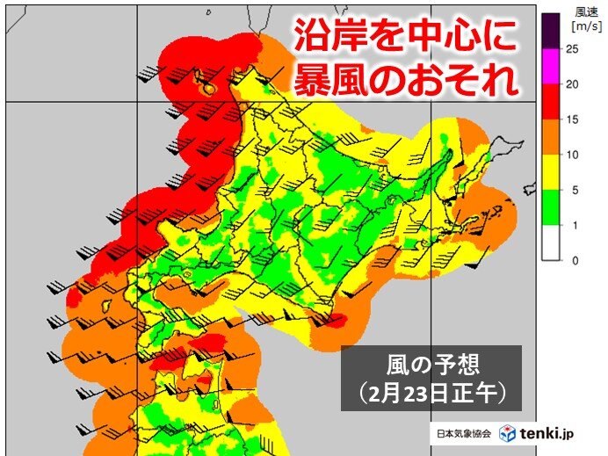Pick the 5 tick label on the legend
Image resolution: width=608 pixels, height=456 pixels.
pos(572,191)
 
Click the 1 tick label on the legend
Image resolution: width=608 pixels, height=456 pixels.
pos(572,226)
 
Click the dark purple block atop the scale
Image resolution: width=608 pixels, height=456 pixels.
pos(551,33)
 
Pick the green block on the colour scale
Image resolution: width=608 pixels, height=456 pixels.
pos(551,208)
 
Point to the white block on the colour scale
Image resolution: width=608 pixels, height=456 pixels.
pos(551,243)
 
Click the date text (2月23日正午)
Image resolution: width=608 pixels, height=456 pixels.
pos(431,393)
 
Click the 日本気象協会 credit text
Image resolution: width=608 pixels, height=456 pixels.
pos(464,435)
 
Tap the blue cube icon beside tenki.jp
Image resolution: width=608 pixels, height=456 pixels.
pos(507,434)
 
